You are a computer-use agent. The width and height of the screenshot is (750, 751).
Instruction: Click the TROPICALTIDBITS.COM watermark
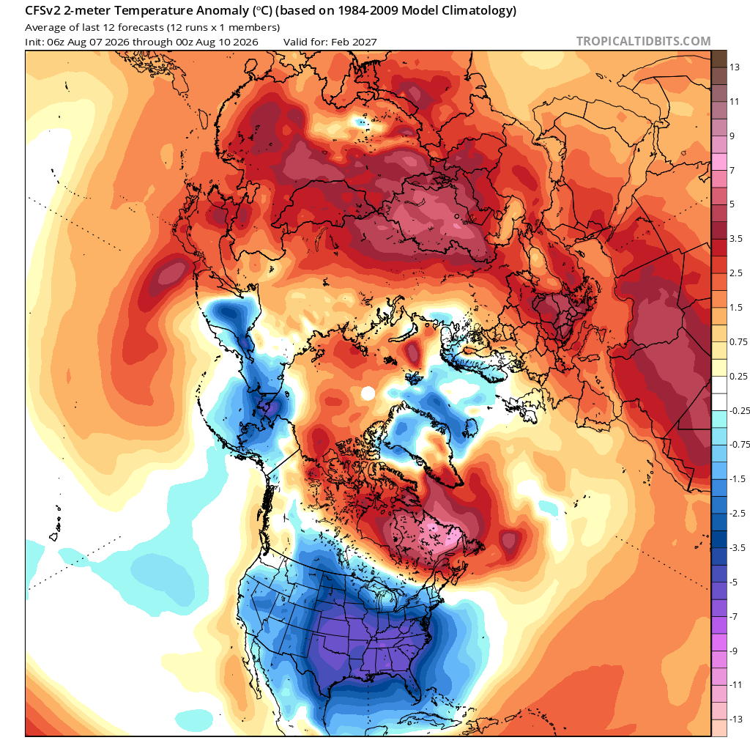point(643,41)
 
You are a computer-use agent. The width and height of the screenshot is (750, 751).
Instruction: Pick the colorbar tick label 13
point(734,67)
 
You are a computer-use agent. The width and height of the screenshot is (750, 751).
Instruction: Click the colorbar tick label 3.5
point(735,239)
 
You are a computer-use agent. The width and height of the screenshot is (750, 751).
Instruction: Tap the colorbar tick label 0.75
point(738,341)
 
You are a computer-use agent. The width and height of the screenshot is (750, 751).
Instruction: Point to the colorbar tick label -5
point(733,582)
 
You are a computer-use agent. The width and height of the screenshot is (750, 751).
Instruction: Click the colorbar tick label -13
point(735,719)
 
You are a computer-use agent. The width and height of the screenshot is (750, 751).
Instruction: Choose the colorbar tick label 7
point(732,170)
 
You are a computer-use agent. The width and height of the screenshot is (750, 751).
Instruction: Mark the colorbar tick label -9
point(733,651)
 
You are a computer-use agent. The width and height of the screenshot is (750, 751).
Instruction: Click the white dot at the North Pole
point(368,393)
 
